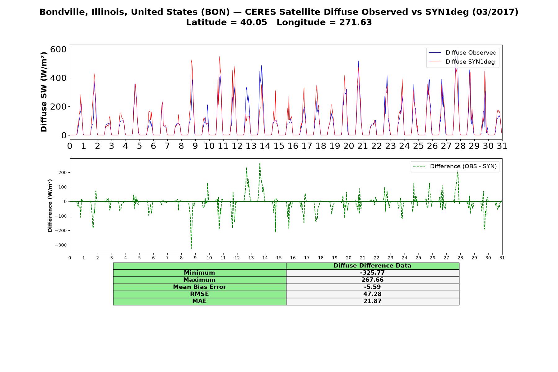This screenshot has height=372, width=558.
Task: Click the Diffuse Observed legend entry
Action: pos(462,53)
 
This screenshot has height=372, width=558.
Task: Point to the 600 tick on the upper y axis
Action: pos(59,49)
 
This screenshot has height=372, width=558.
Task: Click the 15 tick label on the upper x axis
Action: pos(279,146)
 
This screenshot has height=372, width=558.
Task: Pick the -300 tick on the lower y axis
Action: pos(60,245)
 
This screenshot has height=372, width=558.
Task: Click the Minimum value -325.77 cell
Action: pos(372,273)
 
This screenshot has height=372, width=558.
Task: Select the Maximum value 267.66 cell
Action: pos(372,280)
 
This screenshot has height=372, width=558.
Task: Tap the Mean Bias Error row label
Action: pos(199,287)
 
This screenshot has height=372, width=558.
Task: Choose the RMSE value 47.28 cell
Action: pos(372,294)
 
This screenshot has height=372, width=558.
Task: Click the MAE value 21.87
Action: pos(372,301)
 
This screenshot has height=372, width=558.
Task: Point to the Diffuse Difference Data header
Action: pos(372,266)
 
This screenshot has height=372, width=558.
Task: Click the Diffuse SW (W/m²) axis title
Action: pos(44,92)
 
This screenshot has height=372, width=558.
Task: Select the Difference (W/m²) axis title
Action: pos(50,206)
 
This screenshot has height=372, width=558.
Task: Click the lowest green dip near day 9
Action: pos(191,248)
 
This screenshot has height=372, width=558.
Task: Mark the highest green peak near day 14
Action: pos(260,163)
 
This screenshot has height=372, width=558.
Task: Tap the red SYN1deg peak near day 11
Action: pos(219,57)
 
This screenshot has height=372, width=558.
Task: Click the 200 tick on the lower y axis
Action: pos(62,172)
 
